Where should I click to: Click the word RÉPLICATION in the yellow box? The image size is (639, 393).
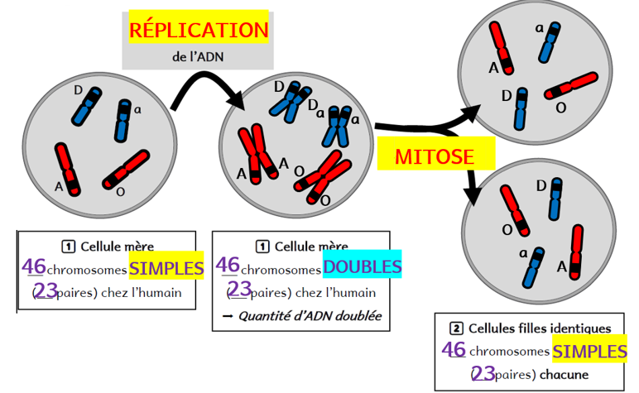199,31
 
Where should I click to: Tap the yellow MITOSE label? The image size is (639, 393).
435,155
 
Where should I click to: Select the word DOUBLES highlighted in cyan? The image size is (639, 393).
362,267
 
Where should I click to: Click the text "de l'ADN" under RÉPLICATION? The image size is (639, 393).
198,58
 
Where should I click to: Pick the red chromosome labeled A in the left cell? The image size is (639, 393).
67,169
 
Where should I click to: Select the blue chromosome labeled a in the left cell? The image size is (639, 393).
123,120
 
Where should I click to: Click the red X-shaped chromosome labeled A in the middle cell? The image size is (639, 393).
257,153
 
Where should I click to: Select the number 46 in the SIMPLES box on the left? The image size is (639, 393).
34,267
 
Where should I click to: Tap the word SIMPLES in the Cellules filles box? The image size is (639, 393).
589,351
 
